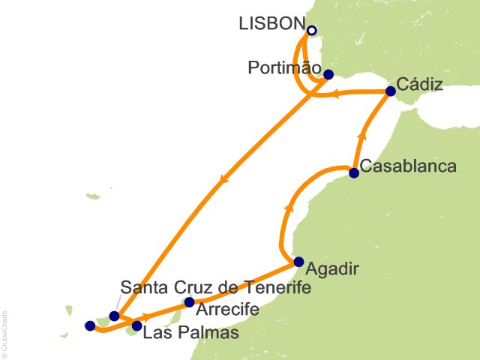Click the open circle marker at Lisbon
(x=312, y=31)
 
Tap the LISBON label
(x=271, y=24)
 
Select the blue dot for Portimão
(x=328, y=74)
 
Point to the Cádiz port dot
(x=390, y=91)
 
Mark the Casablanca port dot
(x=354, y=173)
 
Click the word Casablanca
(x=408, y=166)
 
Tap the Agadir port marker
(x=298, y=262)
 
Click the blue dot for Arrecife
(x=189, y=302)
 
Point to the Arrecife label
(x=229, y=309)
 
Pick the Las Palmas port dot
(x=136, y=326)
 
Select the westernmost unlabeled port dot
(x=90, y=325)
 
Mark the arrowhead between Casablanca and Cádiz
(x=363, y=136)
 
